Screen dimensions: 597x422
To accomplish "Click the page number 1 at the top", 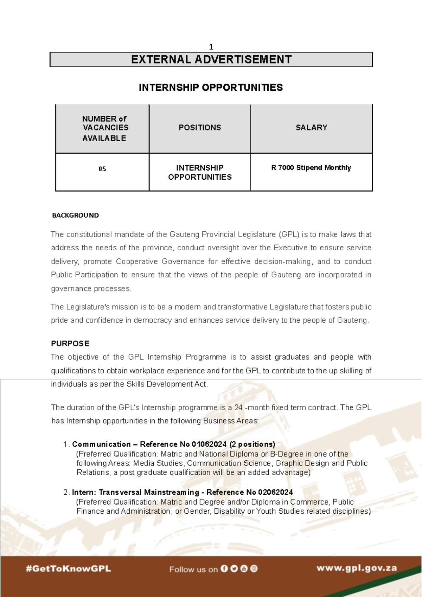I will click(x=211, y=47).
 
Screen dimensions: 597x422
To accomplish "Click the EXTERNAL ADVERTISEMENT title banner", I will click(x=211, y=59).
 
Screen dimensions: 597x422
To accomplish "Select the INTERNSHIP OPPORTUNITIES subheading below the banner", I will click(x=211, y=88).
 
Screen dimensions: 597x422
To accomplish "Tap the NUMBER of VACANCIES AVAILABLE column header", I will click(x=104, y=128).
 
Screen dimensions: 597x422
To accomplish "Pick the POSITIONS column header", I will click(x=200, y=128).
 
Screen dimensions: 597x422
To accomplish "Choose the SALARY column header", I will click(x=311, y=128).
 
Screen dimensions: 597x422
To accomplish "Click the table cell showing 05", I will click(x=102, y=169).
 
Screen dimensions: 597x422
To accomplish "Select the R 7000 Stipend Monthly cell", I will click(x=311, y=168).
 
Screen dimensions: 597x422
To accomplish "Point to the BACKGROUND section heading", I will click(x=75, y=215).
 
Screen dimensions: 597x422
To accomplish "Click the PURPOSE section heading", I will click(x=70, y=344).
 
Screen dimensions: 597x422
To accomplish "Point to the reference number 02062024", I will click(x=275, y=492).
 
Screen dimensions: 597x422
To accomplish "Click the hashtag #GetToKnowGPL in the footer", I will click(x=68, y=569).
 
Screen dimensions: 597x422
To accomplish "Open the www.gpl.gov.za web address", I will click(x=357, y=568).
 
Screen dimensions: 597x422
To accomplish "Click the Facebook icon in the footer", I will click(x=224, y=569).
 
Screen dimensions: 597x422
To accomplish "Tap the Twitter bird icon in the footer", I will click(x=234, y=569).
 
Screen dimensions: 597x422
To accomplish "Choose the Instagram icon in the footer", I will click(x=254, y=569).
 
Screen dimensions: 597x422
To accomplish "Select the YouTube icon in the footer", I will click(x=244, y=569).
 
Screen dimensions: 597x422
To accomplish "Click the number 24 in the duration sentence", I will click(x=238, y=407).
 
